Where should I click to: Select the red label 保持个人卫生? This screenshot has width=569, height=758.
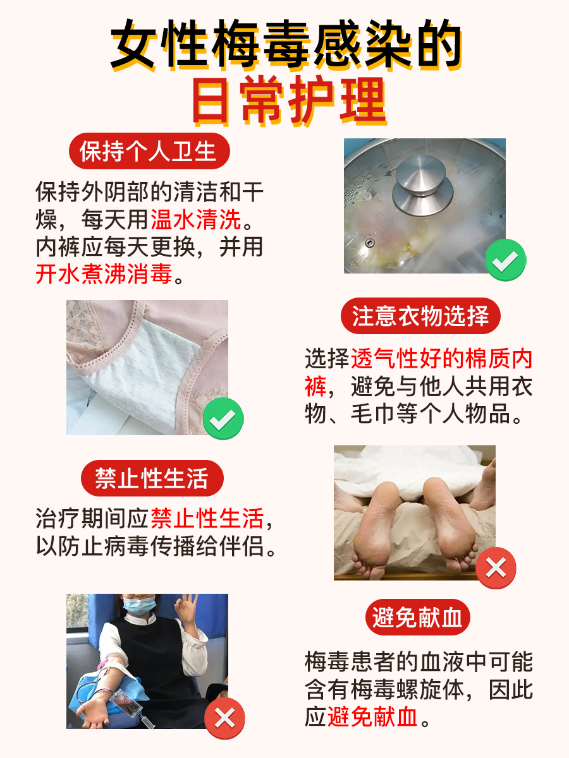tap(148, 152)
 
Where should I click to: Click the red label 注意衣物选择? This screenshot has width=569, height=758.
tap(420, 316)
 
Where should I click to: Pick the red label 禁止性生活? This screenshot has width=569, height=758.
tap(152, 478)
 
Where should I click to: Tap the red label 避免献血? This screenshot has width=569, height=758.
tap(417, 617)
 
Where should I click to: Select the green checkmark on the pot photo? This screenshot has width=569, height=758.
tap(505, 259)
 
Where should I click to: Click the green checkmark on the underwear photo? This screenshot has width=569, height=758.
tap(223, 418)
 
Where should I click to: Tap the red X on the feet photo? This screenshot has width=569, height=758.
tap(496, 568)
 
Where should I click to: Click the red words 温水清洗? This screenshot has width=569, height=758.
tap(196, 220)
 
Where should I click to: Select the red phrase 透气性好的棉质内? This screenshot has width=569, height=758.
tap(442, 359)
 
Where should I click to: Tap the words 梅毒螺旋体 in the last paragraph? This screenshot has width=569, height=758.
tap(408, 690)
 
